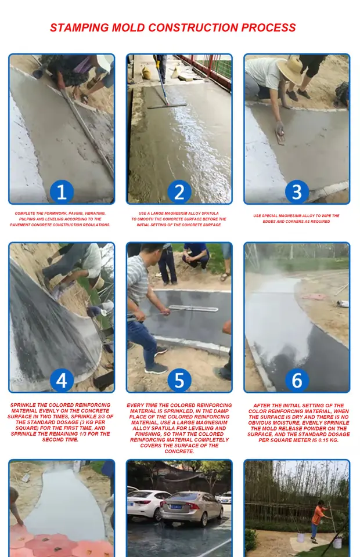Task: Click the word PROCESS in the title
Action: point(269,28)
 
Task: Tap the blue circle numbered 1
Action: point(62,192)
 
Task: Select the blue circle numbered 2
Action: point(179,192)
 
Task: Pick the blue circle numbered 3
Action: point(297,192)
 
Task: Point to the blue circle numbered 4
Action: point(62,381)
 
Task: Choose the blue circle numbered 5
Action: point(179,381)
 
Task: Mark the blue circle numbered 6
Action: point(297,381)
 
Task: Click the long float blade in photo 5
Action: point(193,308)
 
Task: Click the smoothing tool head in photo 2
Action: point(167,106)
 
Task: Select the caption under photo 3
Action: point(296,219)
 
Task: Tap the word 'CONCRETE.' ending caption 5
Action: point(179,451)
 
